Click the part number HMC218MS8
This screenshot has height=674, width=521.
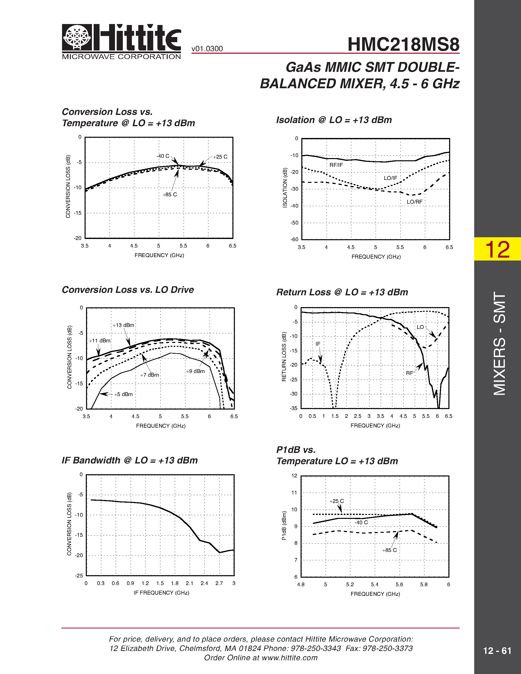(x=403, y=44)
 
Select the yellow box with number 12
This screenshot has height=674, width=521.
(x=497, y=249)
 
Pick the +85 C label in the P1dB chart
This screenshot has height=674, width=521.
(x=389, y=550)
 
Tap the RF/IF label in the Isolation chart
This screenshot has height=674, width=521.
(x=336, y=165)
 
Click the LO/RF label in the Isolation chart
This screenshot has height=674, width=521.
(x=414, y=202)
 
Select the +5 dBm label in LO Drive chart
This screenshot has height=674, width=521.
(x=123, y=394)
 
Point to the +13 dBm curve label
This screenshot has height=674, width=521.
(x=123, y=325)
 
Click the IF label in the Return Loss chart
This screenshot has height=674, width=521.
(x=318, y=344)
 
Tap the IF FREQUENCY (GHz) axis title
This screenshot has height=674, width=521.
(x=161, y=593)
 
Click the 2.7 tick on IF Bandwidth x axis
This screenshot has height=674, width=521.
(x=219, y=583)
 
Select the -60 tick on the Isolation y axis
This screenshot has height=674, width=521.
(x=294, y=239)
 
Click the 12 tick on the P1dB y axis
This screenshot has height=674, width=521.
(x=294, y=475)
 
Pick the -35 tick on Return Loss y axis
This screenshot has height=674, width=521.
(x=293, y=408)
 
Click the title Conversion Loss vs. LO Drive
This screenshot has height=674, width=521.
(x=128, y=290)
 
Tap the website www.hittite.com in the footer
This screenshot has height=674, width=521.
(x=289, y=658)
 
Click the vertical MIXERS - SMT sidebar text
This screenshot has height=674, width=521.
(x=499, y=343)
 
